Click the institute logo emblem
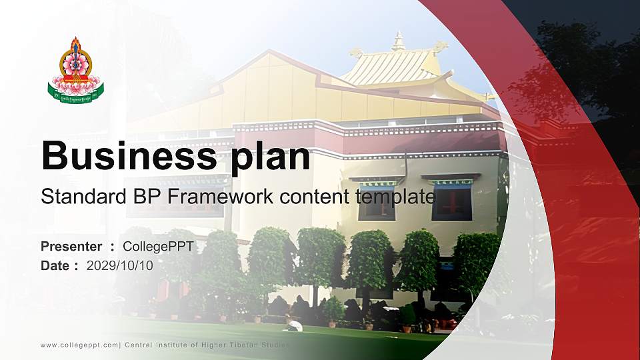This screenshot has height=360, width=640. tap(75, 69)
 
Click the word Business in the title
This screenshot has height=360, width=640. tap(126, 156)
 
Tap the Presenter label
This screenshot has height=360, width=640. tap(71, 247)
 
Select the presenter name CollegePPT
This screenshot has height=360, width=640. tap(158, 247)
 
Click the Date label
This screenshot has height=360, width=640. tap(55, 265)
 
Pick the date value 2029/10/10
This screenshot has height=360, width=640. tap(120, 265)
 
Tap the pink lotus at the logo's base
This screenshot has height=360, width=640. tap(75, 85)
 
